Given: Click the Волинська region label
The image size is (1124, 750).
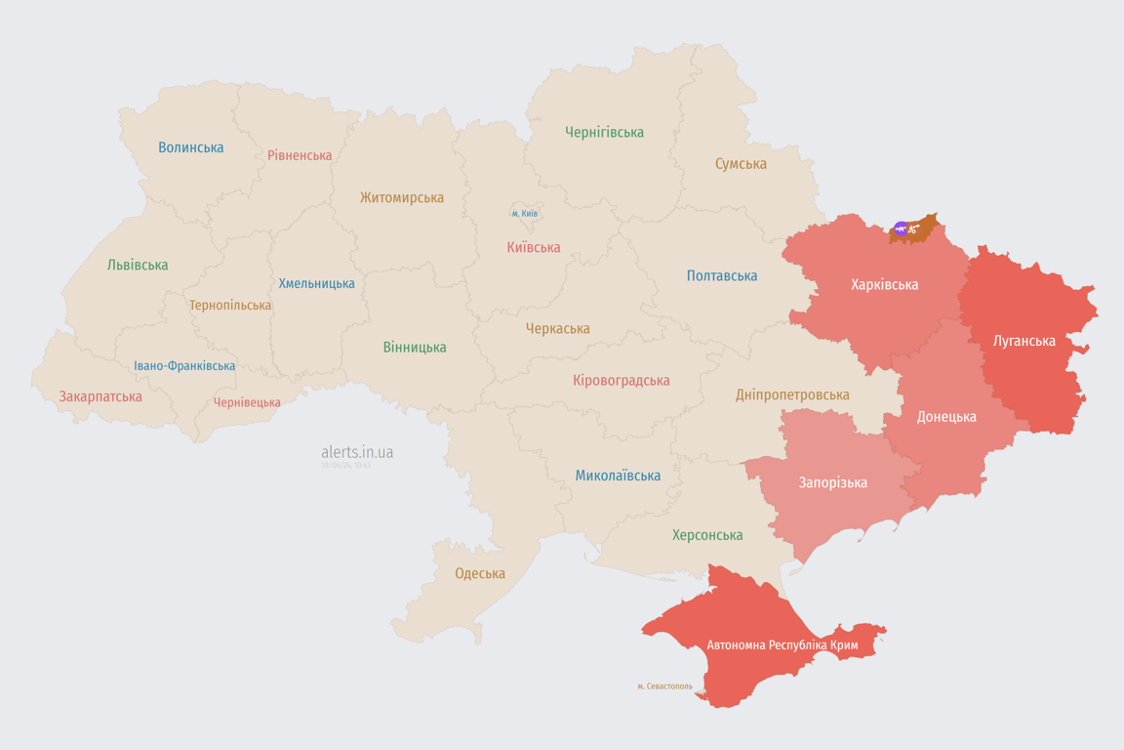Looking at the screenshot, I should tap(191, 147).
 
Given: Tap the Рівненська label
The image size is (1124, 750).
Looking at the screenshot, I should tap(300, 155).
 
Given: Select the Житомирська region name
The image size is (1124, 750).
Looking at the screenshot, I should tap(401, 197).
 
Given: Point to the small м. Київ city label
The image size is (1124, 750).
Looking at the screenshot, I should tap(524, 213).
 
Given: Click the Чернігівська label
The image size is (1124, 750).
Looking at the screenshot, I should tap(604, 132).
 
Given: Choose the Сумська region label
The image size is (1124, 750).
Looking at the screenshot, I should tap(741, 164).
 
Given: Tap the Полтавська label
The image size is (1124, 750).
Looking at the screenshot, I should tap(722, 275).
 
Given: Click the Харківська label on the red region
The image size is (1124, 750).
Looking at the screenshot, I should tap(884, 284).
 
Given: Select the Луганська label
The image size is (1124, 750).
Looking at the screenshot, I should tap(1024, 341).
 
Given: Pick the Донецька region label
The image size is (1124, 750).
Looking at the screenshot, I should tap(945, 416).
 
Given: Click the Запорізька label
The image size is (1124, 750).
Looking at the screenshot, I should tap(832, 482).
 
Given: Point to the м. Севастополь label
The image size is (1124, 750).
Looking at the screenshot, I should tap(664, 687).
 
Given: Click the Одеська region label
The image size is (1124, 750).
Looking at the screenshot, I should tap(480, 573).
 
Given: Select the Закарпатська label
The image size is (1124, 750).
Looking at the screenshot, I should tap(100, 396).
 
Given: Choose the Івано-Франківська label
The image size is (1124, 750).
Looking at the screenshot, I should tap(184, 366).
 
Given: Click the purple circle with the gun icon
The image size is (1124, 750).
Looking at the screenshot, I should tap(901, 229).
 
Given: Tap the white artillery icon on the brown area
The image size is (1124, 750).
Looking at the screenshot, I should tap(913, 229).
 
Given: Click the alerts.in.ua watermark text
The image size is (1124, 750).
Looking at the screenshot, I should tap(357, 452).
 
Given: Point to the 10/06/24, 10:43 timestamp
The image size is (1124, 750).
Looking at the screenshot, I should tap(345, 466).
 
